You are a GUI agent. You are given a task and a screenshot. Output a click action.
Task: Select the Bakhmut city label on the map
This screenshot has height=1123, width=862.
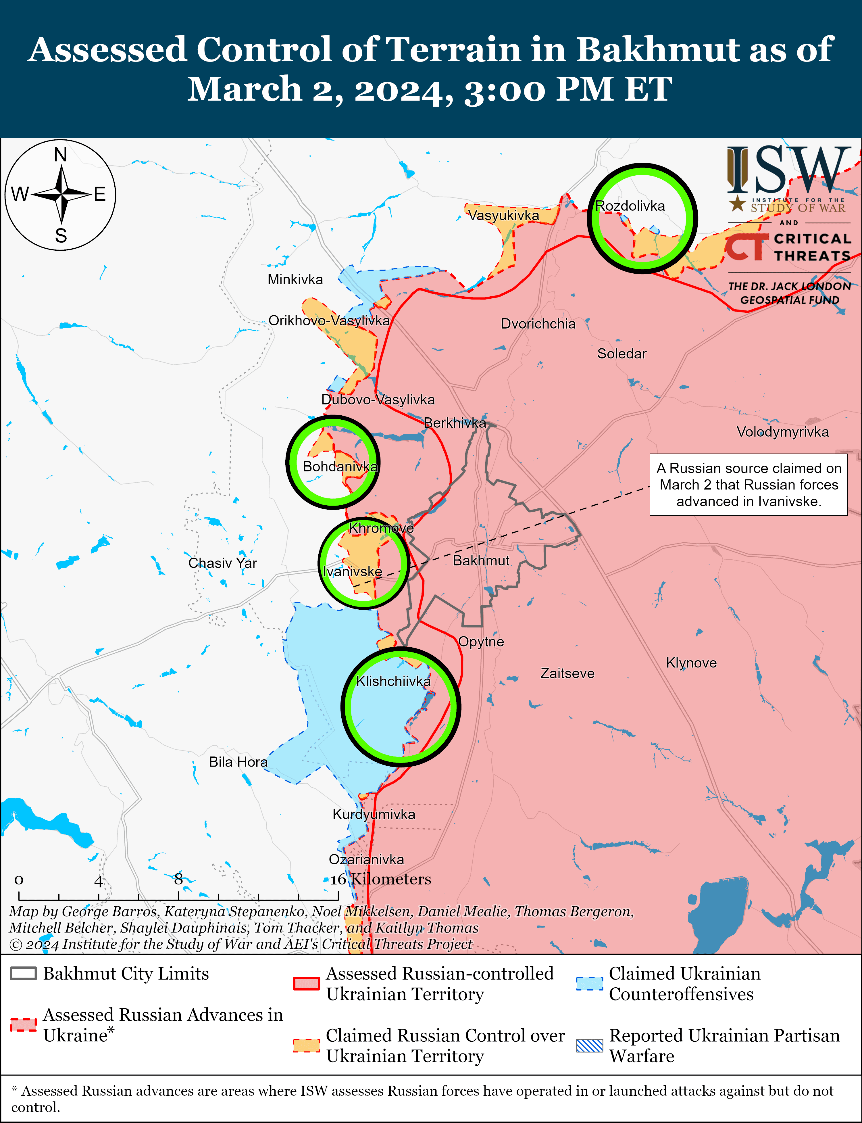coord(481,560)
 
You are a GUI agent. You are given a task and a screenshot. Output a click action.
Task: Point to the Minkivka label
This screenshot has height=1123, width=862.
coord(295,280)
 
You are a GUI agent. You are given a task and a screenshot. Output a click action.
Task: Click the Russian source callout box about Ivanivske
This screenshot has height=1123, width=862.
coord(748,485)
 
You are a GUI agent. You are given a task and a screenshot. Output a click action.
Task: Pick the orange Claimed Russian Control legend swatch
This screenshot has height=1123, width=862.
coord(306,1045)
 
